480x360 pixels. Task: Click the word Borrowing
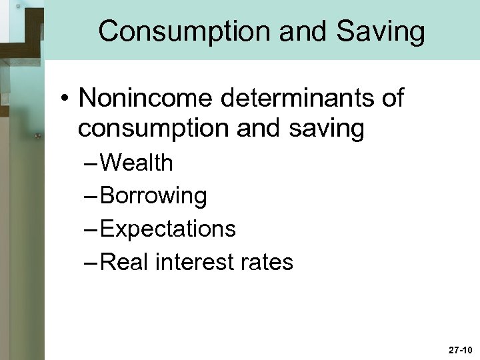click(x=155, y=196)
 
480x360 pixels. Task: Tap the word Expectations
click(x=169, y=229)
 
